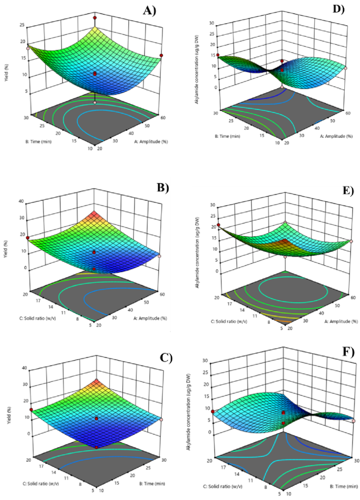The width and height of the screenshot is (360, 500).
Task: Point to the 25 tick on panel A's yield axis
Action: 22,25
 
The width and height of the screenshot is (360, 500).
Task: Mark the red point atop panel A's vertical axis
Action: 95,18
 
